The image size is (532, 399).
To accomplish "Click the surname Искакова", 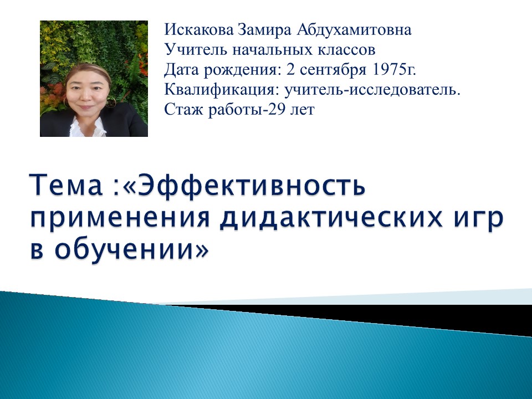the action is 199,29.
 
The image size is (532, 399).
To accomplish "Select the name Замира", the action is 264,30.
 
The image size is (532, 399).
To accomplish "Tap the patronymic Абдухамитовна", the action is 354,29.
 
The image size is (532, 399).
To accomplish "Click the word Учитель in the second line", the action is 196,49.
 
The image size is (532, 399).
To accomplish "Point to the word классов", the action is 346,50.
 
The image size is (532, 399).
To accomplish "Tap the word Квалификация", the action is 222,90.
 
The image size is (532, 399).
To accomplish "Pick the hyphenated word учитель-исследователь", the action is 372,90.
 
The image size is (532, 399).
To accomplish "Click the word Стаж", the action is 184,110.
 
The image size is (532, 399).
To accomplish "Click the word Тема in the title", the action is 66,185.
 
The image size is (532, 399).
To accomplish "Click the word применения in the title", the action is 120,219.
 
